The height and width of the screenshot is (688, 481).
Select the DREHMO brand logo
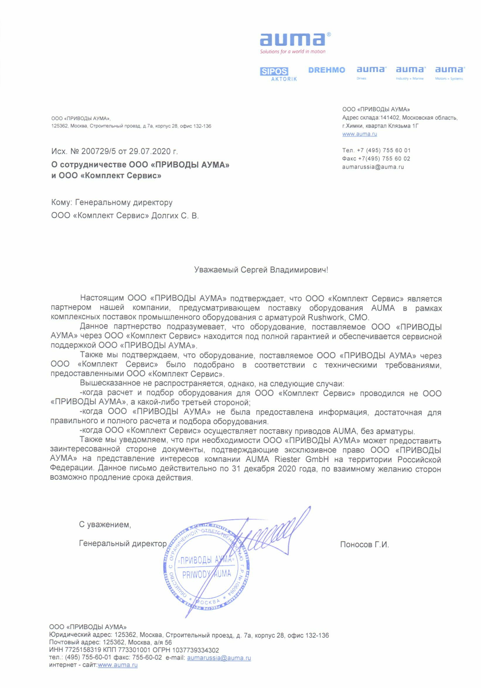pos(326,70)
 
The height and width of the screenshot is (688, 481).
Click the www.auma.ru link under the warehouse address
pos(359,134)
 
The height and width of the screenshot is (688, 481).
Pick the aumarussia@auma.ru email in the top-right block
pos(373,167)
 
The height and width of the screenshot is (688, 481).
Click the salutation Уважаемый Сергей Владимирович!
pos(261,270)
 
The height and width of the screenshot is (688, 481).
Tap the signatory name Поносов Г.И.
pos(364,545)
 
